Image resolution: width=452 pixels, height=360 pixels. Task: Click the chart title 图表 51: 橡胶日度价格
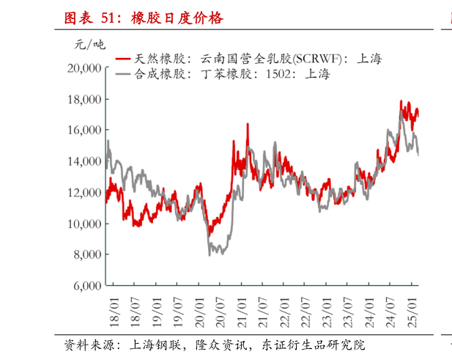pos(143,18)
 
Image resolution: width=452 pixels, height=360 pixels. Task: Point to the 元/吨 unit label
pos(89,45)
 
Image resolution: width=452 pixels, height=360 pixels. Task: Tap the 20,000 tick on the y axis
pos(83,68)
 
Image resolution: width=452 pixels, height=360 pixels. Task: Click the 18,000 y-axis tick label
pos(83,99)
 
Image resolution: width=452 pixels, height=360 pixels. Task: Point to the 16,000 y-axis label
pos(83,130)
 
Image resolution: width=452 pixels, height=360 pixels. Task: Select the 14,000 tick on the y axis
pos(83,161)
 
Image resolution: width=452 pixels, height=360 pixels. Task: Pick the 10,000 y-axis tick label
pos(83,224)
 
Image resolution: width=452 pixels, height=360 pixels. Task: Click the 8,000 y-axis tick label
pos(86,254)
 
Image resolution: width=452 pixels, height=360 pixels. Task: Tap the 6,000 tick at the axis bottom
pos(86,286)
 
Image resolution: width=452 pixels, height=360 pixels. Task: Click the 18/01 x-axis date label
pos(114,309)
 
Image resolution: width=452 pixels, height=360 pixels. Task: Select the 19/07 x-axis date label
pos(178,309)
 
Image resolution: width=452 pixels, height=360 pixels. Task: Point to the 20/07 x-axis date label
pos(221,309)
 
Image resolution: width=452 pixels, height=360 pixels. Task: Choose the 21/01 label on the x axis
pos(242,309)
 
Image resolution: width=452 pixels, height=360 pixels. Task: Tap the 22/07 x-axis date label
pos(306,309)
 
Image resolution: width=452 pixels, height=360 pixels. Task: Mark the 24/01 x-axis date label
pos(371,309)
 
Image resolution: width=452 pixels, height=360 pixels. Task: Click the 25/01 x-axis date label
pos(413,309)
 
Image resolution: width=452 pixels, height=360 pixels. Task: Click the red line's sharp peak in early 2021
pos(247,125)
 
